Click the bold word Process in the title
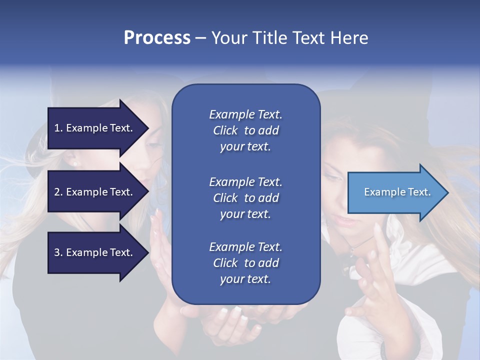(157, 38)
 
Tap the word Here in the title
(349, 38)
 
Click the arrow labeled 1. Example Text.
(98, 128)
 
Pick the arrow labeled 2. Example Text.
(98, 191)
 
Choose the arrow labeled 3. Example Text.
(98, 252)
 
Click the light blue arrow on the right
(398, 192)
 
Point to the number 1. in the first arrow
(58, 128)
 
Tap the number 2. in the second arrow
(58, 192)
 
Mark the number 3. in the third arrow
(58, 252)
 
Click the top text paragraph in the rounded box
(246, 130)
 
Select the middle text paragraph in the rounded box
(246, 198)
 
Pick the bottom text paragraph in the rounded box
(246, 262)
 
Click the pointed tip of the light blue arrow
(448, 192)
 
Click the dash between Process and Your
(201, 39)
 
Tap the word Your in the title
(229, 38)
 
